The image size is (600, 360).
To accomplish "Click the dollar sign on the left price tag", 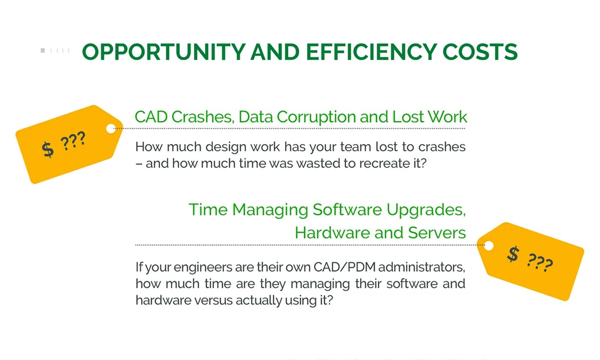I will point(48,149).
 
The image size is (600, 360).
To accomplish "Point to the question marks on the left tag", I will point(73,141).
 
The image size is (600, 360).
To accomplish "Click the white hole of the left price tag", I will point(111,129).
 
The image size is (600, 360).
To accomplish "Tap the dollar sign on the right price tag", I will point(513,254).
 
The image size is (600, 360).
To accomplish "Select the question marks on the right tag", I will point(540,262).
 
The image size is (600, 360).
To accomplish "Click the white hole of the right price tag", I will point(489,246).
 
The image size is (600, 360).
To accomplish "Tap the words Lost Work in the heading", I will point(429,117).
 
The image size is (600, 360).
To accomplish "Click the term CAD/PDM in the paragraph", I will point(344,267).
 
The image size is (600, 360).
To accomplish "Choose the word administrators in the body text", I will point(421,267).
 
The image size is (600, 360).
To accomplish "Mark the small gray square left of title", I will point(43,50).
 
